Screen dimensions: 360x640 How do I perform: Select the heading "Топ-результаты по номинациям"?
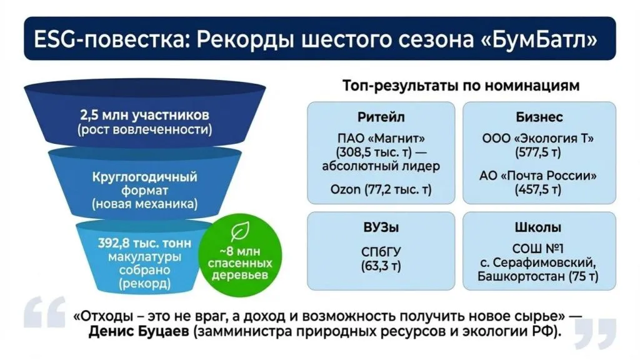461,86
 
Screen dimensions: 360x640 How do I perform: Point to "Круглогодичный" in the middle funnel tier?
144,177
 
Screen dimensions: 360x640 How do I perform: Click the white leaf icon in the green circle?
238,234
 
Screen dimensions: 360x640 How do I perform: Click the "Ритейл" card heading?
381,117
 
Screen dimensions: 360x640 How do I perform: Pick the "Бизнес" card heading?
539,117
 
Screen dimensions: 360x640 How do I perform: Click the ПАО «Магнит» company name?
381,138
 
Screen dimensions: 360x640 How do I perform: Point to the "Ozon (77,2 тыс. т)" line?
381,189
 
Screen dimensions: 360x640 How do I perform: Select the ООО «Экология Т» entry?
539,138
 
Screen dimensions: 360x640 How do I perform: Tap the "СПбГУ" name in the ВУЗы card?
381,252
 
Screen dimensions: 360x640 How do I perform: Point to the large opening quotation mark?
44,312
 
